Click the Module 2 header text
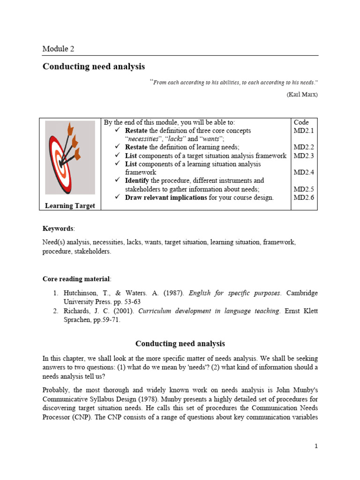[58, 49]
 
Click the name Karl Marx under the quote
[302, 94]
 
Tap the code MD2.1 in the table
[303, 131]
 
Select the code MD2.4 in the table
[303, 172]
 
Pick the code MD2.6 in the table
[303, 197]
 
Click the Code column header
[301, 122]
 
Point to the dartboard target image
[70, 157]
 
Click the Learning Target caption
[70, 206]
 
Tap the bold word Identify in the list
[137, 180]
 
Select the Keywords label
[58, 228]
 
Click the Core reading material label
[76, 278]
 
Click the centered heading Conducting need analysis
[180, 344]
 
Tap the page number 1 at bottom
[316, 446]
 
